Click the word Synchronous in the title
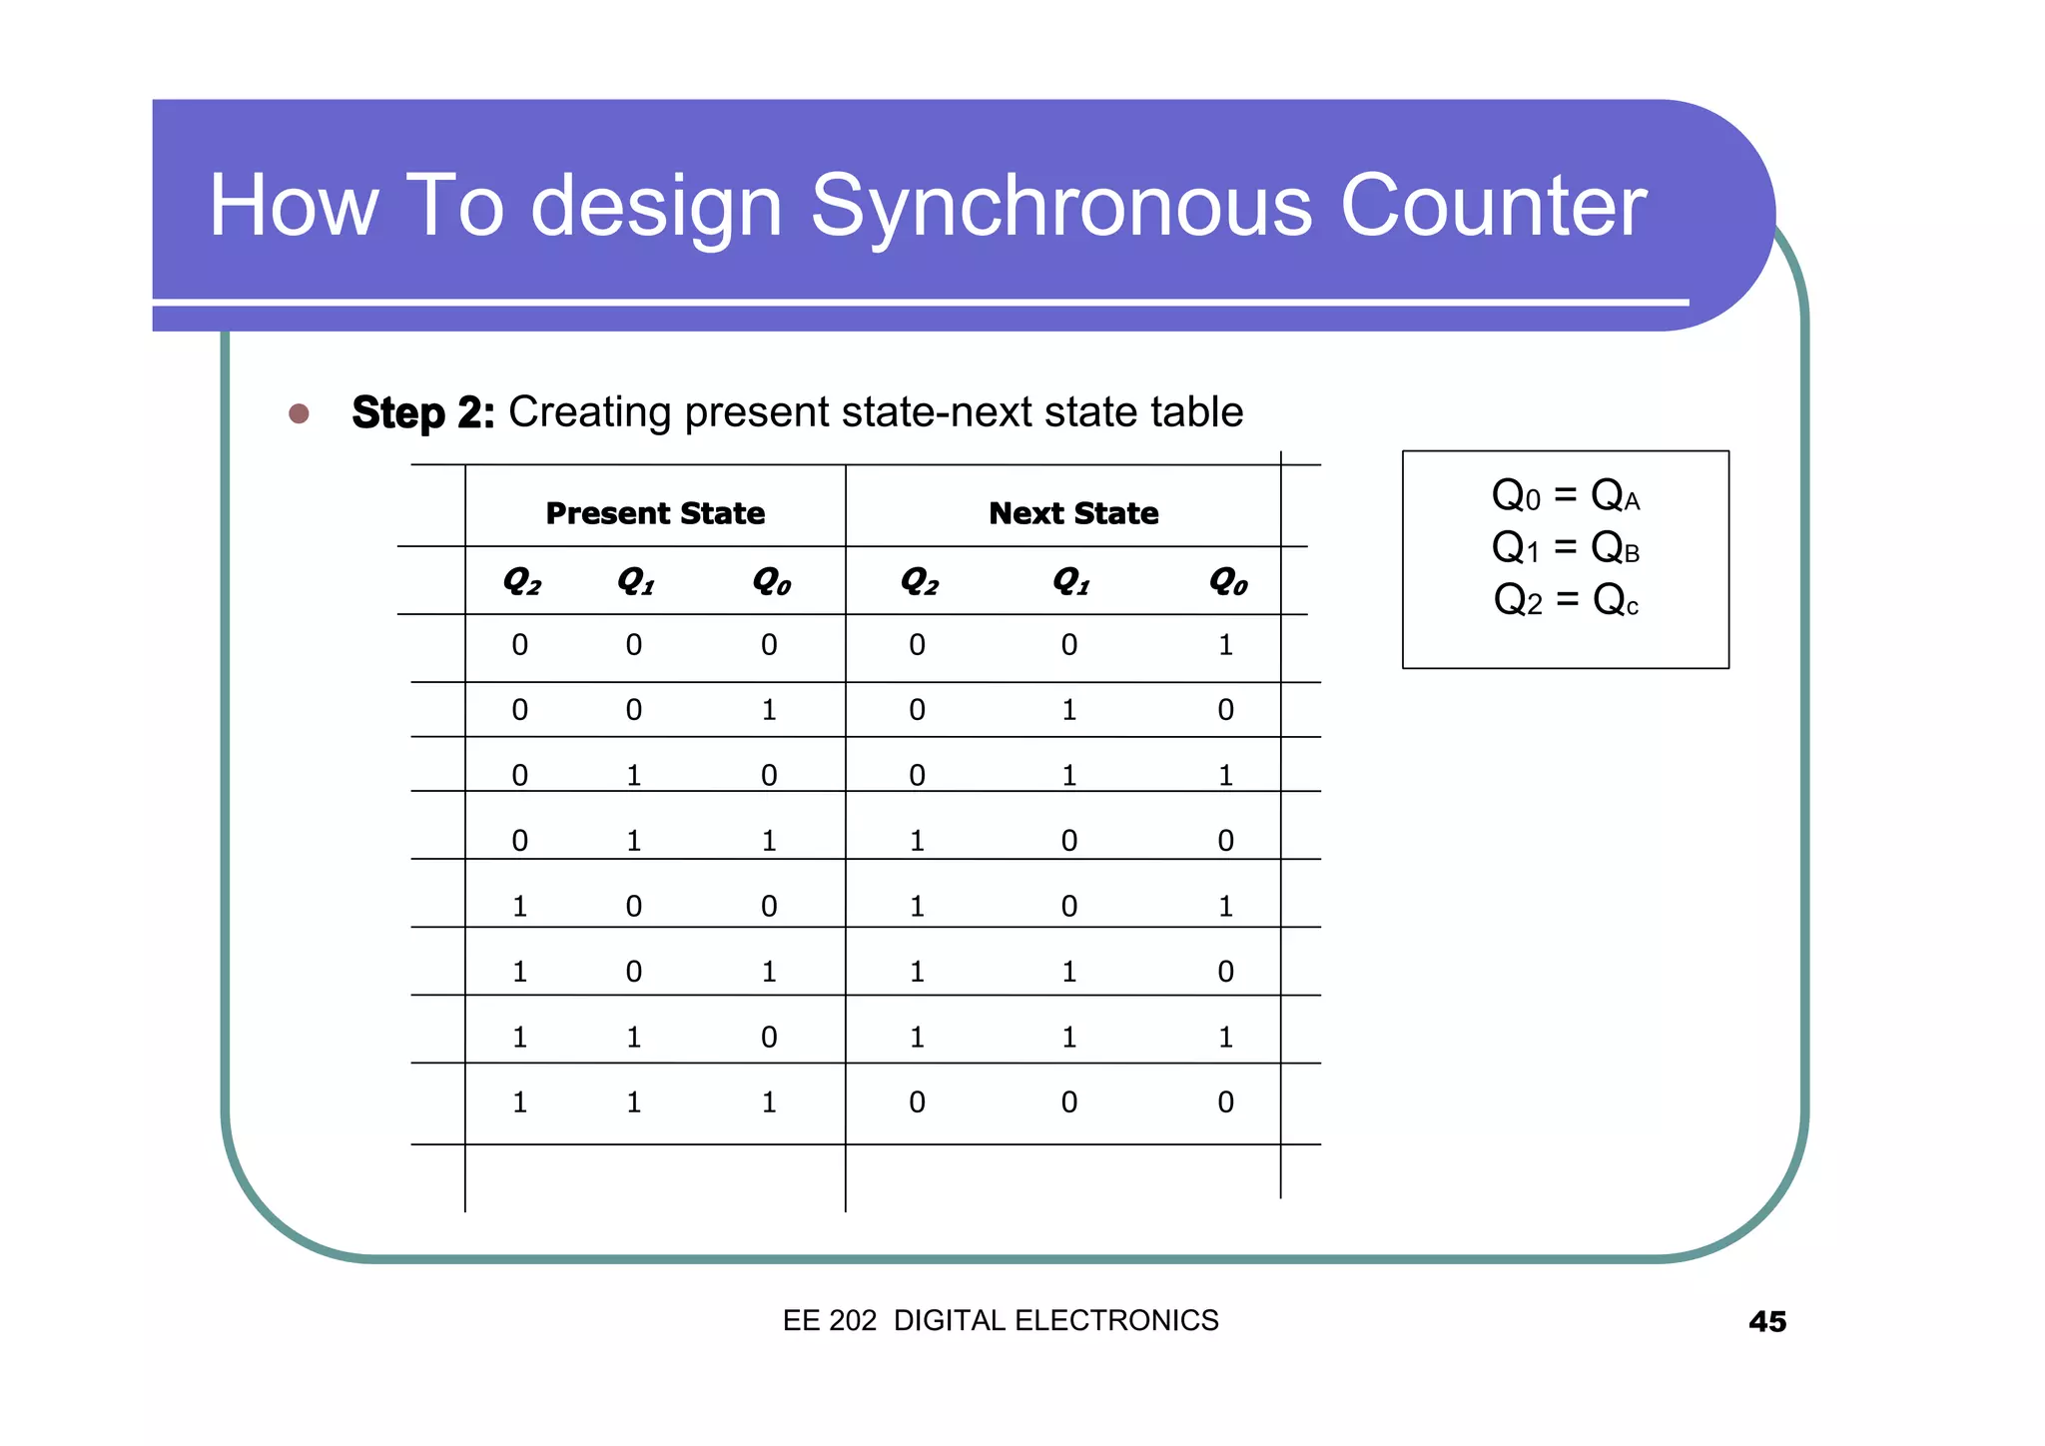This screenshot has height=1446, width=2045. point(1060,207)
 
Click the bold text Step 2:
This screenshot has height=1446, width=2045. point(422,413)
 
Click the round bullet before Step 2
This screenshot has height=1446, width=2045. point(299,413)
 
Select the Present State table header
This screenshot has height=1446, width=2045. point(655,513)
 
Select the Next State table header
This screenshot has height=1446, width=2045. point(1073,513)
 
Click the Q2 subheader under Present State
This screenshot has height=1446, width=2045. point(521,580)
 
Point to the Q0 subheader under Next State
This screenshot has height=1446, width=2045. point(1227,580)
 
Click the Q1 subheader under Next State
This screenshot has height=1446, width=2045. point(1070,580)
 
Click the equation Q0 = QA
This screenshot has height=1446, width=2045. point(1565,495)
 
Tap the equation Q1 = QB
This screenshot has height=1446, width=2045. point(1565,547)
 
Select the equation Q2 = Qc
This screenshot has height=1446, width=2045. point(1565,600)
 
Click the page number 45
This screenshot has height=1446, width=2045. point(1766,1322)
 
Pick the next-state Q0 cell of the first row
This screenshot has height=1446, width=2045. point(1225,645)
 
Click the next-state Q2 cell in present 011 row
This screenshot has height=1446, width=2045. point(917,841)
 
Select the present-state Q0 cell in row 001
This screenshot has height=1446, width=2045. point(768,710)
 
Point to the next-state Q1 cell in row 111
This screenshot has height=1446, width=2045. point(1068,1102)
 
